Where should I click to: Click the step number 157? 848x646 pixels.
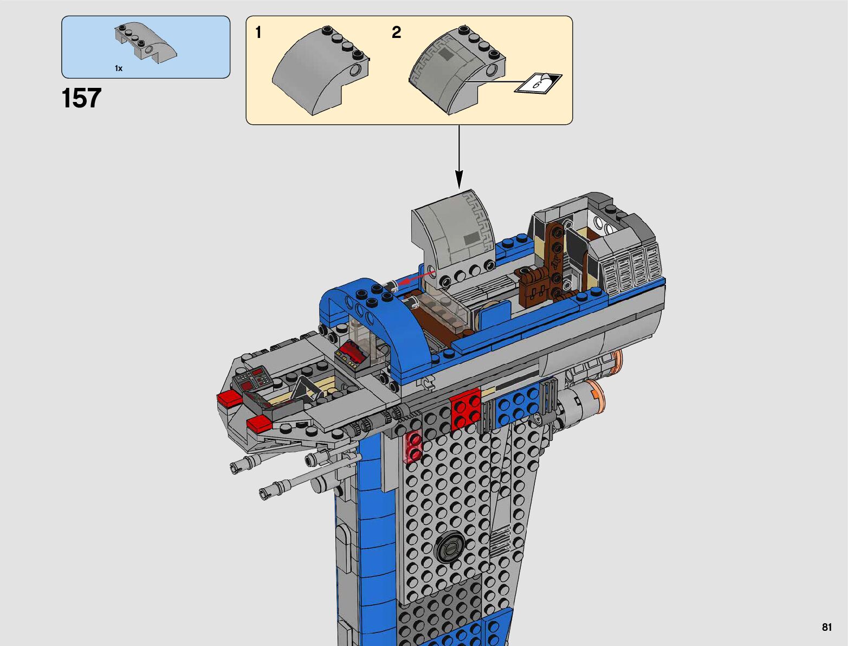(81, 98)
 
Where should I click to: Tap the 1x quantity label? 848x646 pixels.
(119, 68)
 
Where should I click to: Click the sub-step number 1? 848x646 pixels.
(258, 33)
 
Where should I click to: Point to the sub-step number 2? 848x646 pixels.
(397, 33)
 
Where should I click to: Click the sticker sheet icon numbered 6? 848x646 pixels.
(538, 83)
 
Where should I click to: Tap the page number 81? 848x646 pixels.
(827, 627)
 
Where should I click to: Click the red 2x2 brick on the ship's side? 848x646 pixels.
(465, 409)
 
